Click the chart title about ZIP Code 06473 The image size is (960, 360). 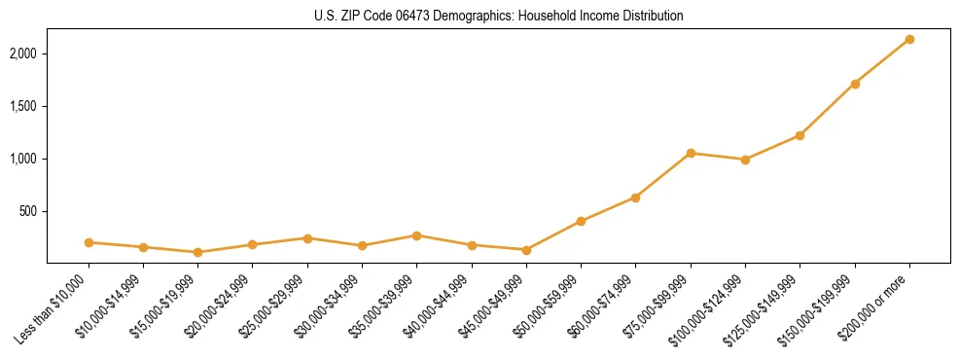498,17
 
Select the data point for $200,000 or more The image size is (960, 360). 909,39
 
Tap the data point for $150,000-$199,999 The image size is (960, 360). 855,84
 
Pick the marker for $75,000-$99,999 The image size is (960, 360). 691,153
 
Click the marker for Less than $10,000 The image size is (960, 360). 89,242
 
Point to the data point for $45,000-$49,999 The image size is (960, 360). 526,250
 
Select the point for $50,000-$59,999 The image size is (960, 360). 581,221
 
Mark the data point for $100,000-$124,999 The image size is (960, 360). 745,160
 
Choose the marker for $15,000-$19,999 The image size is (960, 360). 198,252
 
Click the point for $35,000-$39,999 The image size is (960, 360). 417,235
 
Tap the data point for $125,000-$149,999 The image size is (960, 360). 800,135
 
